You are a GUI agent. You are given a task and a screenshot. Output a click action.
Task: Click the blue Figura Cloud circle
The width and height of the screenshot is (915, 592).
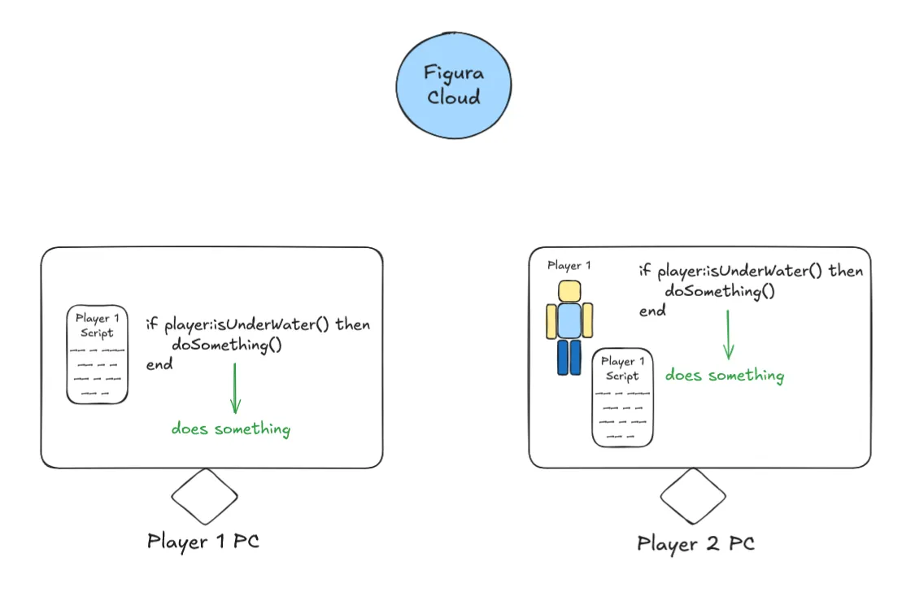click(454, 85)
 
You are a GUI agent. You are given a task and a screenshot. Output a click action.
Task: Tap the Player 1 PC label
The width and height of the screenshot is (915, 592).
click(203, 541)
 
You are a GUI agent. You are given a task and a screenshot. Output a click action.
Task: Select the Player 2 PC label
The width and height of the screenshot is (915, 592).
click(695, 543)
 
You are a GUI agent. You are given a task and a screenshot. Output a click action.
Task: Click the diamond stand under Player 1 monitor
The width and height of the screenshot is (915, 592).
click(204, 495)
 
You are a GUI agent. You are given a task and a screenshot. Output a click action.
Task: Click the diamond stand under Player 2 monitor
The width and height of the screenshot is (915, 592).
click(692, 495)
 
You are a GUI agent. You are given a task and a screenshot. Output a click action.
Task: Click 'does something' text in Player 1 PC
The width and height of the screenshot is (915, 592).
click(230, 429)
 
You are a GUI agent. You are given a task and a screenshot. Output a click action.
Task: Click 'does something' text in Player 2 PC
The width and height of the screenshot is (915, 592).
click(724, 375)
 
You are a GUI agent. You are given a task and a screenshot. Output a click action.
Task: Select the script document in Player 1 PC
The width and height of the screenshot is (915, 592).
click(97, 355)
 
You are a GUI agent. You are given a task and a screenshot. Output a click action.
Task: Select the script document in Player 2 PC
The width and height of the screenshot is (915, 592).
click(622, 398)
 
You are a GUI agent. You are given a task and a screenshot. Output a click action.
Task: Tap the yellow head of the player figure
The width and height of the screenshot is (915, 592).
click(569, 291)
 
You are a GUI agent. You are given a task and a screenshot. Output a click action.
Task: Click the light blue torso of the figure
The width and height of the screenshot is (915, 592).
click(569, 320)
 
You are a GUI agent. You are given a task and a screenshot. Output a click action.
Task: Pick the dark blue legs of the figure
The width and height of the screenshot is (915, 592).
click(569, 357)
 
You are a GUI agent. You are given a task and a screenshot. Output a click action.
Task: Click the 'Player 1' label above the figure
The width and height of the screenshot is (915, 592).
click(569, 266)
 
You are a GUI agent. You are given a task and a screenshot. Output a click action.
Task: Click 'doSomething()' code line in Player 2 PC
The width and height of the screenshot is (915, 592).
click(720, 291)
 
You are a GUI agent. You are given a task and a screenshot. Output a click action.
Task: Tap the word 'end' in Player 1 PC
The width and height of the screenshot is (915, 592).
click(159, 364)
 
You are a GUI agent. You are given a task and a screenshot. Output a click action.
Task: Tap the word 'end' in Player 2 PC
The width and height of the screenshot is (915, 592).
click(652, 311)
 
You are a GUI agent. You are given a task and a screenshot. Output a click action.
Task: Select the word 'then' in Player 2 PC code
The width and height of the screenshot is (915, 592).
click(846, 271)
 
